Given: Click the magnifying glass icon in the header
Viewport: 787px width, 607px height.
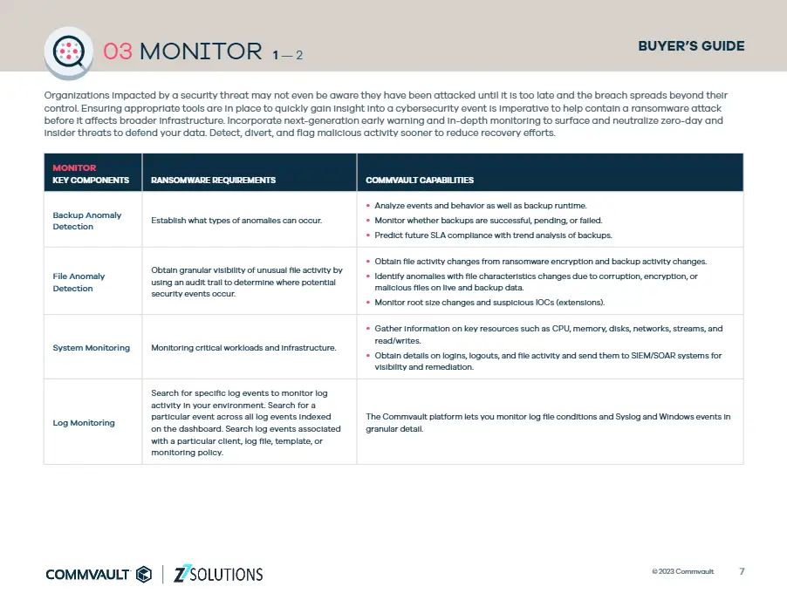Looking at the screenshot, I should click(x=68, y=51).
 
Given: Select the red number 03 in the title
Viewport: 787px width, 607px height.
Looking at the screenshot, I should click(x=118, y=51).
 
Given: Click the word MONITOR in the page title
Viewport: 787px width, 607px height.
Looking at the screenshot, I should click(x=201, y=51).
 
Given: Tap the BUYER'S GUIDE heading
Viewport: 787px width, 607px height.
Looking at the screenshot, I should click(x=691, y=46).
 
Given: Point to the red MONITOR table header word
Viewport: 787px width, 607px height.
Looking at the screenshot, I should click(x=74, y=167).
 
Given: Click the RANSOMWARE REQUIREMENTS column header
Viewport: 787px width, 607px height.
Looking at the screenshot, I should click(x=213, y=181).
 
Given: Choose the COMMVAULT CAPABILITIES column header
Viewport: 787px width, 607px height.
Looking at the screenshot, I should click(x=420, y=181).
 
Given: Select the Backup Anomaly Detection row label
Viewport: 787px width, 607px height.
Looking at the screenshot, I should click(x=87, y=221).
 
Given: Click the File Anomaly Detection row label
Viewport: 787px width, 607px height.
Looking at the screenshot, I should click(x=79, y=282).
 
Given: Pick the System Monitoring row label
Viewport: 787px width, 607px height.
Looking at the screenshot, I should click(x=91, y=348).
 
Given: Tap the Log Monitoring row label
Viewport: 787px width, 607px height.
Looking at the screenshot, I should click(x=84, y=423).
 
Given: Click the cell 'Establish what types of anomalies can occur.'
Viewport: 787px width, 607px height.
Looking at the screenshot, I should click(x=236, y=220).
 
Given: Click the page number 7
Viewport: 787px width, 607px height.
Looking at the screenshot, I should click(x=742, y=572).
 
